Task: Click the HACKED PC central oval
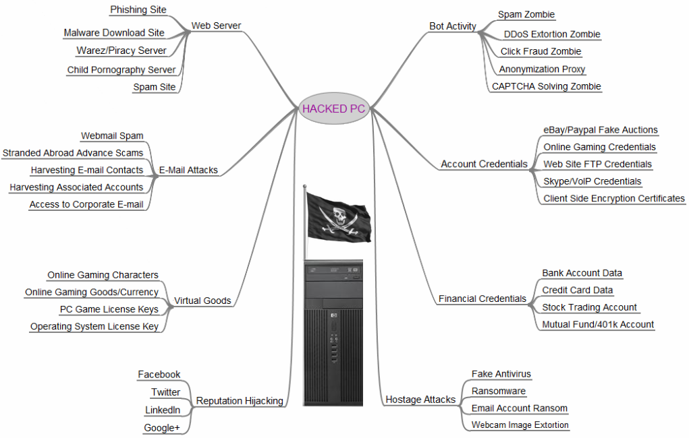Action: coord(333,109)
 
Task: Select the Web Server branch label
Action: coord(216,26)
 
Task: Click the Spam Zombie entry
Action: coord(526,14)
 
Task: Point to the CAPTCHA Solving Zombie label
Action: coord(546,86)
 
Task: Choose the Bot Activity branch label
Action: coord(453,26)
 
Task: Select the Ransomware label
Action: coord(498,391)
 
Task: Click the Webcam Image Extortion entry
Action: coord(520,425)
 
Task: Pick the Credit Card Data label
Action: coord(578,290)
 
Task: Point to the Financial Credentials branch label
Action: coord(482,299)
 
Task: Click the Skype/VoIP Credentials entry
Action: coord(592,181)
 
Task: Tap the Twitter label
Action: coord(165,392)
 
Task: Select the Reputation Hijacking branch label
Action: coord(240,401)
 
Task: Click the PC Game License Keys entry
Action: coord(109,309)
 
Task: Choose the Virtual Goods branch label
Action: coord(202,301)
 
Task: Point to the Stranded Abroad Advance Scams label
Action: coord(73,153)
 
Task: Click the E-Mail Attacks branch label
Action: coord(188,170)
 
